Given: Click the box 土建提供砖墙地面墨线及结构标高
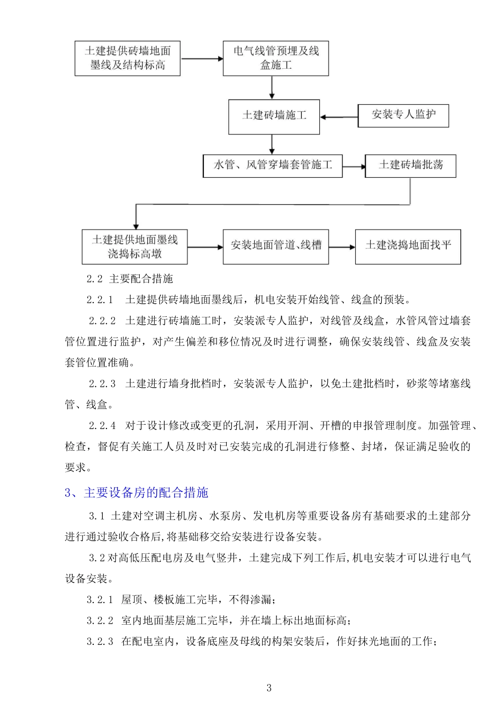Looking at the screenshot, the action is [x=128, y=58].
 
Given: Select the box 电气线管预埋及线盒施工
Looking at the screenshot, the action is [x=276, y=58].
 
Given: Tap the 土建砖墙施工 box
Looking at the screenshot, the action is [x=274, y=116].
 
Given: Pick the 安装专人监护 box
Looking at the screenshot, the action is [x=403, y=115].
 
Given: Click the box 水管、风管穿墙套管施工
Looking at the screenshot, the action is [x=273, y=166].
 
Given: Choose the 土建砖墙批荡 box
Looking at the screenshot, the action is [x=410, y=166].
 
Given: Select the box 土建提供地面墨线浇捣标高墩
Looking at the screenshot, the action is [x=134, y=247].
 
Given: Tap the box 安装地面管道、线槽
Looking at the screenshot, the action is [x=276, y=247].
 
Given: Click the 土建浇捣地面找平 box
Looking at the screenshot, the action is [x=408, y=247].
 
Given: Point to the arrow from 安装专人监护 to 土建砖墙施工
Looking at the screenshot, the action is [x=339, y=117].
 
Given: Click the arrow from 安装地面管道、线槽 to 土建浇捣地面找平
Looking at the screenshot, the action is [x=342, y=247].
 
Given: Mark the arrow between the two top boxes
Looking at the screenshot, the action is [x=202, y=59].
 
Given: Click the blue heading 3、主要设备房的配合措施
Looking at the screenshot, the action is [x=137, y=493].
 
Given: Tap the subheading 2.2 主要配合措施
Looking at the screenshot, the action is [x=130, y=279].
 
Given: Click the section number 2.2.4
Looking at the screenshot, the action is [x=102, y=425].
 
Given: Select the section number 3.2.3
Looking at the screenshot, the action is [x=100, y=642].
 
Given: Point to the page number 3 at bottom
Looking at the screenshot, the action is [x=269, y=688].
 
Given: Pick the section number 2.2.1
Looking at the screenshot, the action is [x=100, y=300].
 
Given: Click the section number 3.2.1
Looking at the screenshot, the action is [x=100, y=600].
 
